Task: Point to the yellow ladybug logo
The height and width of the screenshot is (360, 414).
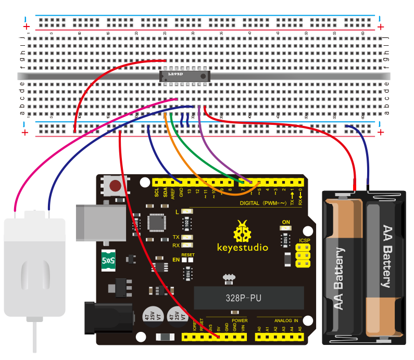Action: tap(242, 231)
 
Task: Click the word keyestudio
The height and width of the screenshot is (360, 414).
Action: tap(243, 248)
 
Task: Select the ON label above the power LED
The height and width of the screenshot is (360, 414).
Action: tap(285, 223)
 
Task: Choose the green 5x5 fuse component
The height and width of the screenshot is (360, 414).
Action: tap(108, 258)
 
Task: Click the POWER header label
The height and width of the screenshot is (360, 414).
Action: tap(240, 320)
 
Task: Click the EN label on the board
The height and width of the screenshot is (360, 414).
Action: tap(176, 259)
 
